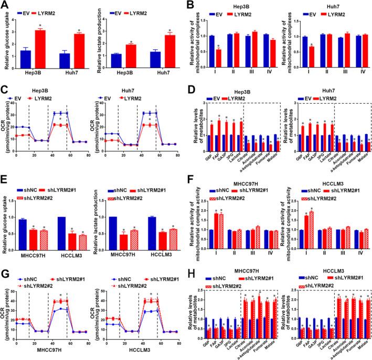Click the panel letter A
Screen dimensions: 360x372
5,5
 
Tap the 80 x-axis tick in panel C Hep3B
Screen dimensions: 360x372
89,155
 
